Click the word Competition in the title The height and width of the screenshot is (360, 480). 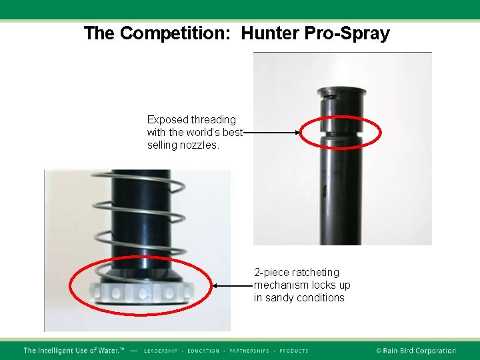click(175, 34)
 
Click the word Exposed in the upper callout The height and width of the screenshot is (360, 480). click(168, 120)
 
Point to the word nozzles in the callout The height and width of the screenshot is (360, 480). click(199, 145)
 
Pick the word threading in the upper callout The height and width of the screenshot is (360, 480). click(213, 120)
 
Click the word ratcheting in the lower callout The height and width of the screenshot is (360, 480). click(317, 273)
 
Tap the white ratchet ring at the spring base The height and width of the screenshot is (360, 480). click(139, 292)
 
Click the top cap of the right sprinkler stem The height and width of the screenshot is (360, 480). click(341, 93)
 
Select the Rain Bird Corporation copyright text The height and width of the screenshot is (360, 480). click(415, 351)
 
